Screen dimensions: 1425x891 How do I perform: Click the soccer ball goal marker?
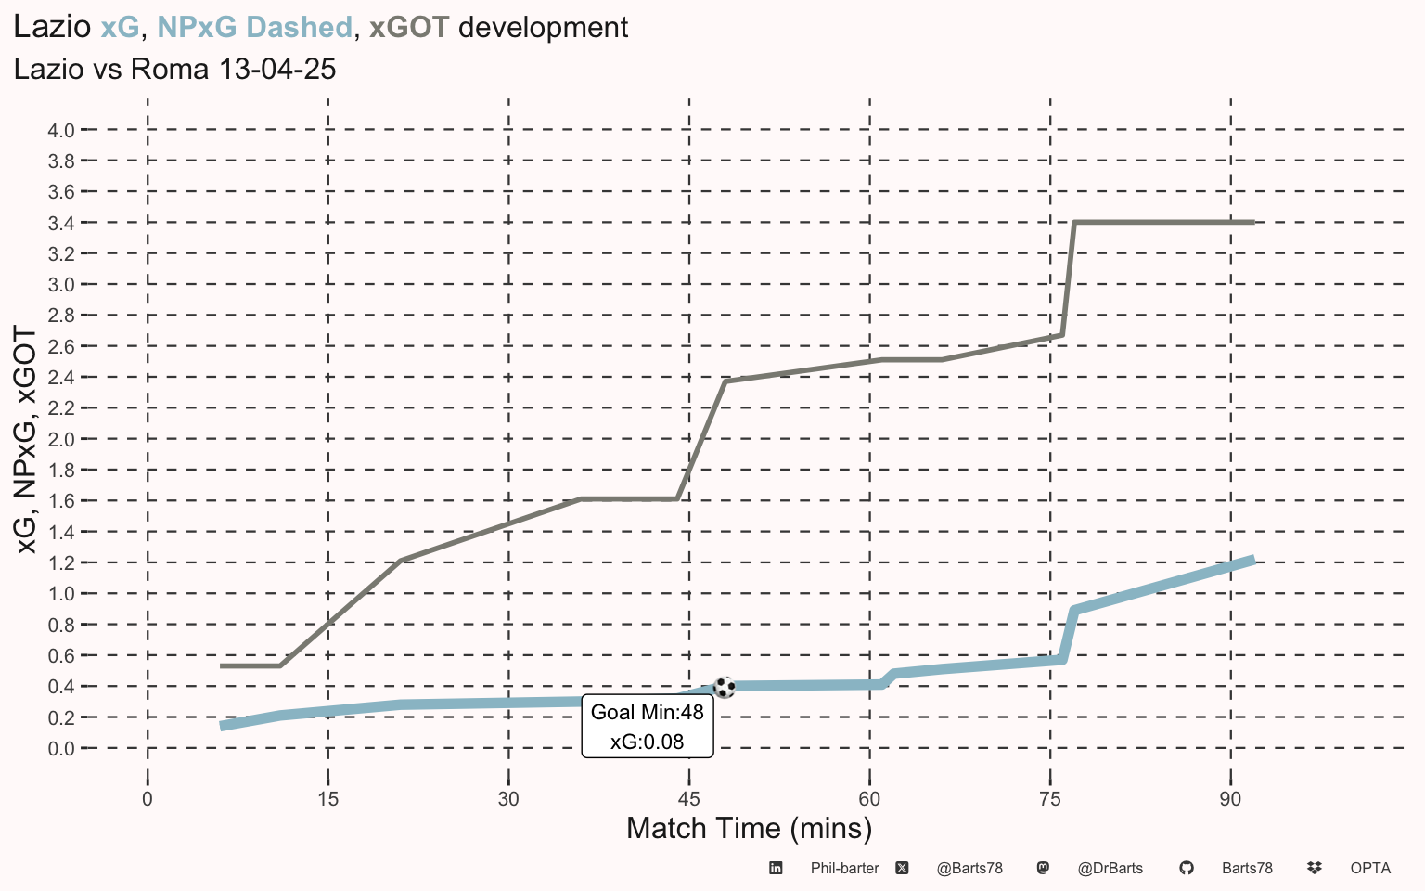click(725, 688)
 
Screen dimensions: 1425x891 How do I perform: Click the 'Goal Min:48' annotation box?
click(648, 726)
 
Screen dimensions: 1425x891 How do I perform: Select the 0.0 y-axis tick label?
click(61, 748)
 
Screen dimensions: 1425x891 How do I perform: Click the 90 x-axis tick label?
click(1230, 799)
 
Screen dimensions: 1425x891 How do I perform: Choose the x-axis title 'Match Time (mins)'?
click(749, 829)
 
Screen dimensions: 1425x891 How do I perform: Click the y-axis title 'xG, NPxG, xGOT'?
click(25, 440)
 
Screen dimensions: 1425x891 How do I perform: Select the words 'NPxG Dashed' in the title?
click(254, 27)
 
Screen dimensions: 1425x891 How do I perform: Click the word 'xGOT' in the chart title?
click(409, 27)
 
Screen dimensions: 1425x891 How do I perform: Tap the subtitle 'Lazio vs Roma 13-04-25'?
click(175, 69)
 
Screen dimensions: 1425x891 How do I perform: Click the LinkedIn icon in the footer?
click(776, 868)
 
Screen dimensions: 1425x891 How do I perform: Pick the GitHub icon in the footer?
click(1187, 868)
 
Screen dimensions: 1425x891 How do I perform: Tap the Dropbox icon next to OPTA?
click(1315, 868)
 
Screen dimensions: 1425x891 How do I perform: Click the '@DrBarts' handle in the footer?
click(1110, 869)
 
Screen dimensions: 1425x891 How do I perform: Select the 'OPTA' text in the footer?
click(1370, 868)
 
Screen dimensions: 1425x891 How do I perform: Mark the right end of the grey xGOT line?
click(1254, 223)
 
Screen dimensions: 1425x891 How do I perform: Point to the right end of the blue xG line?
click(1253, 560)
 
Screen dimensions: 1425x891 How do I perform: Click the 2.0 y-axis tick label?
click(61, 440)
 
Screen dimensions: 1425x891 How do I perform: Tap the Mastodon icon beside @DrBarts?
click(1044, 868)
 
